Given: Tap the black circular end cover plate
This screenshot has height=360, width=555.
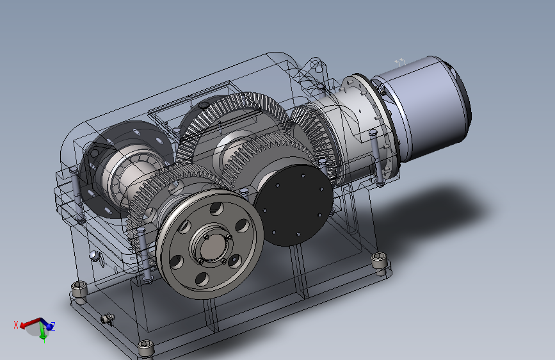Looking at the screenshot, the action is pos(293,205).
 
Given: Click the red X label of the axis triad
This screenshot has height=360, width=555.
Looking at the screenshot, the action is pos(15,325).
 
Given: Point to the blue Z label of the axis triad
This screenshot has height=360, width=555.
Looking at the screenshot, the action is pos(52,325).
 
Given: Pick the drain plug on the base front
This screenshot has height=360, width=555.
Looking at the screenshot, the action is pos(108,319).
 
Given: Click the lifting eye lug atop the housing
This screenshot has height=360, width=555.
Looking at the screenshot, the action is pos(315,68).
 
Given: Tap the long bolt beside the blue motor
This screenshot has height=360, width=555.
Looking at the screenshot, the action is pos(376,158).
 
